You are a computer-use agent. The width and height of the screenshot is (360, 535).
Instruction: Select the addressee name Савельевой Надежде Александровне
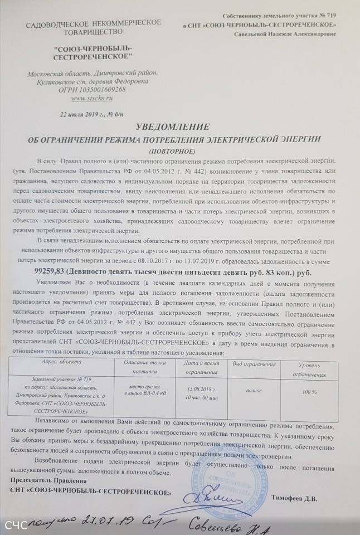[288, 34]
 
